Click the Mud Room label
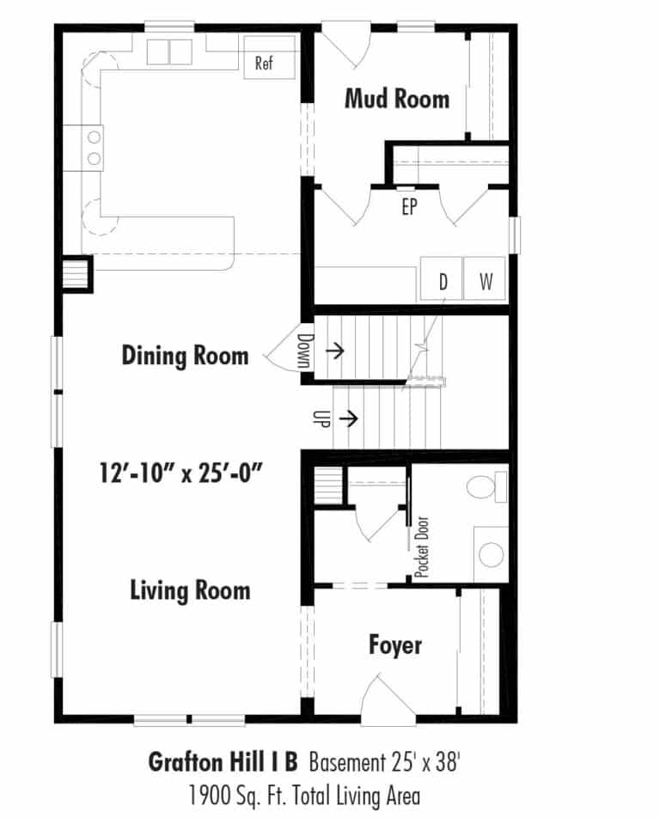[x=397, y=99]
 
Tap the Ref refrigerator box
[x=269, y=58]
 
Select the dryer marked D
[x=442, y=278]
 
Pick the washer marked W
[x=485, y=278]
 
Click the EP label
[x=410, y=206]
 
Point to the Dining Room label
[x=186, y=356]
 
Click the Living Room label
[x=191, y=590]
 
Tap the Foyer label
[x=395, y=645]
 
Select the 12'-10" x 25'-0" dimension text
[x=180, y=473]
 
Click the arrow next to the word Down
[x=335, y=351]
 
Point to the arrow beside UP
[x=349, y=418]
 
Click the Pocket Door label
[x=422, y=546]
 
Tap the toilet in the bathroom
[x=486, y=486]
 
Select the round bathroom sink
[x=491, y=554]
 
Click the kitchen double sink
[x=169, y=52]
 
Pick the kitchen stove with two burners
[x=83, y=148]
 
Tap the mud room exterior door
[x=346, y=45]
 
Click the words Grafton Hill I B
[x=223, y=761]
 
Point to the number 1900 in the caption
[x=208, y=796]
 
